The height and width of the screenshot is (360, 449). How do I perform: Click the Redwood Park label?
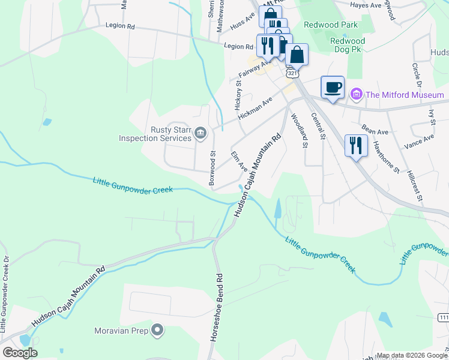330,25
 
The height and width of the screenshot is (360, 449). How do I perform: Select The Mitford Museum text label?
405,95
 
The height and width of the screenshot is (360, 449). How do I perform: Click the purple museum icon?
357,94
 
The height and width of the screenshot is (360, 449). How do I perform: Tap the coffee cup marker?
333,88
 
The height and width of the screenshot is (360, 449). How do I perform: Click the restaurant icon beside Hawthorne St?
356,145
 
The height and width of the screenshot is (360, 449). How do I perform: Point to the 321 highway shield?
292,73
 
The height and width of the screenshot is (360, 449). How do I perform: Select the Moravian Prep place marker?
157,330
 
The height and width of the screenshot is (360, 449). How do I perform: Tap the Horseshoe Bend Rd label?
220,308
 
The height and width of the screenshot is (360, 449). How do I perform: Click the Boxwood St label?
212,167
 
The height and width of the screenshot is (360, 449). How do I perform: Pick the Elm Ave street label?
240,161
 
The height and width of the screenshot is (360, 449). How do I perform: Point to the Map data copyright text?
411,355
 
